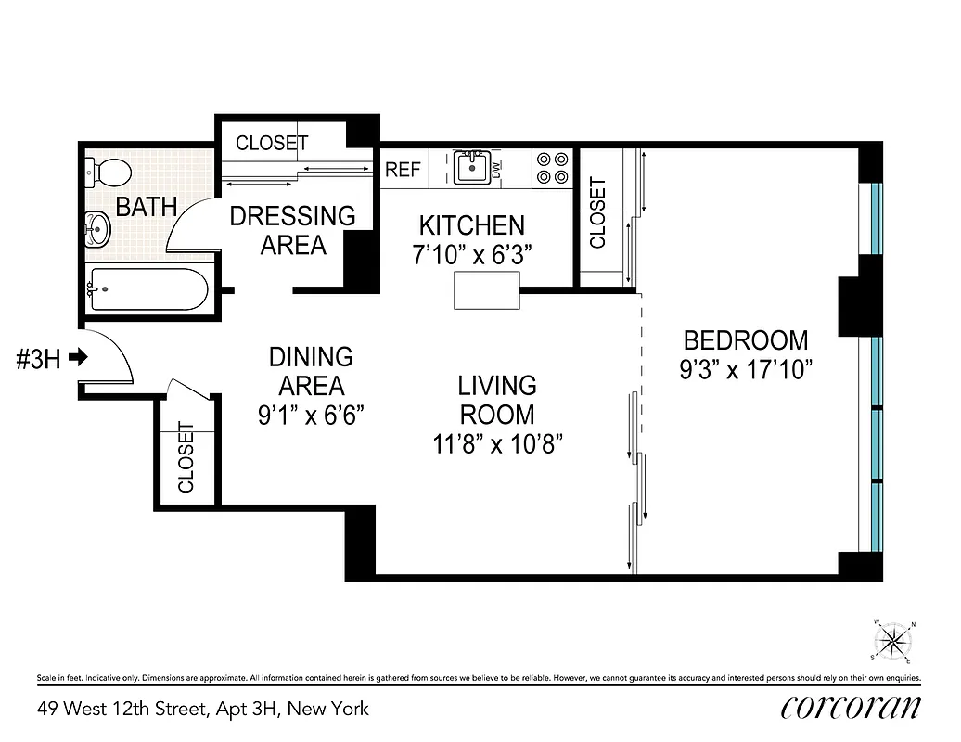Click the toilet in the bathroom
[108, 173]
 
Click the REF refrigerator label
[403, 171]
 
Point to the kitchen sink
[472, 168]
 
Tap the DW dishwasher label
[496, 170]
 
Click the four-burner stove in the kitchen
[552, 168]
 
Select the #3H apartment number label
[38, 359]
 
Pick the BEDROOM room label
[745, 340]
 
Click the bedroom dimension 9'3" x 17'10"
[745, 371]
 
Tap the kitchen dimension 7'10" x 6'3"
[471, 255]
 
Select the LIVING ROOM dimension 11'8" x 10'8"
[497, 443]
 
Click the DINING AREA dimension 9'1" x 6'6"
[311, 415]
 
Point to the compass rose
[893, 641]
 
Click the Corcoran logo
[850, 707]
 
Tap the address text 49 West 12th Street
[202, 710]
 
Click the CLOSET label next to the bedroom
[597, 212]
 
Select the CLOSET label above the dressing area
[271, 143]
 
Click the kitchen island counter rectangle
[487, 291]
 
